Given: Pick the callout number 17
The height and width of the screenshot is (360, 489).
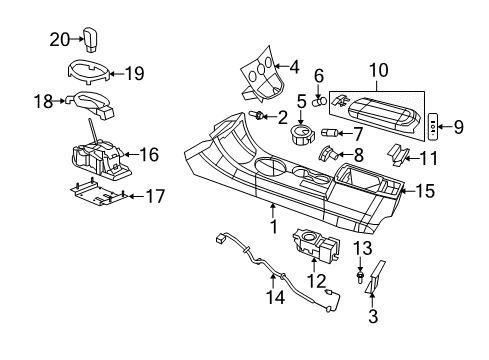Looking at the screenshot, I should (x=155, y=197).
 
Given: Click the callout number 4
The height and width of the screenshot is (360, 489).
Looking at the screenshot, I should (x=293, y=68).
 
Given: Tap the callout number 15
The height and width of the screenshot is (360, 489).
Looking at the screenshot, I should (x=425, y=189).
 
